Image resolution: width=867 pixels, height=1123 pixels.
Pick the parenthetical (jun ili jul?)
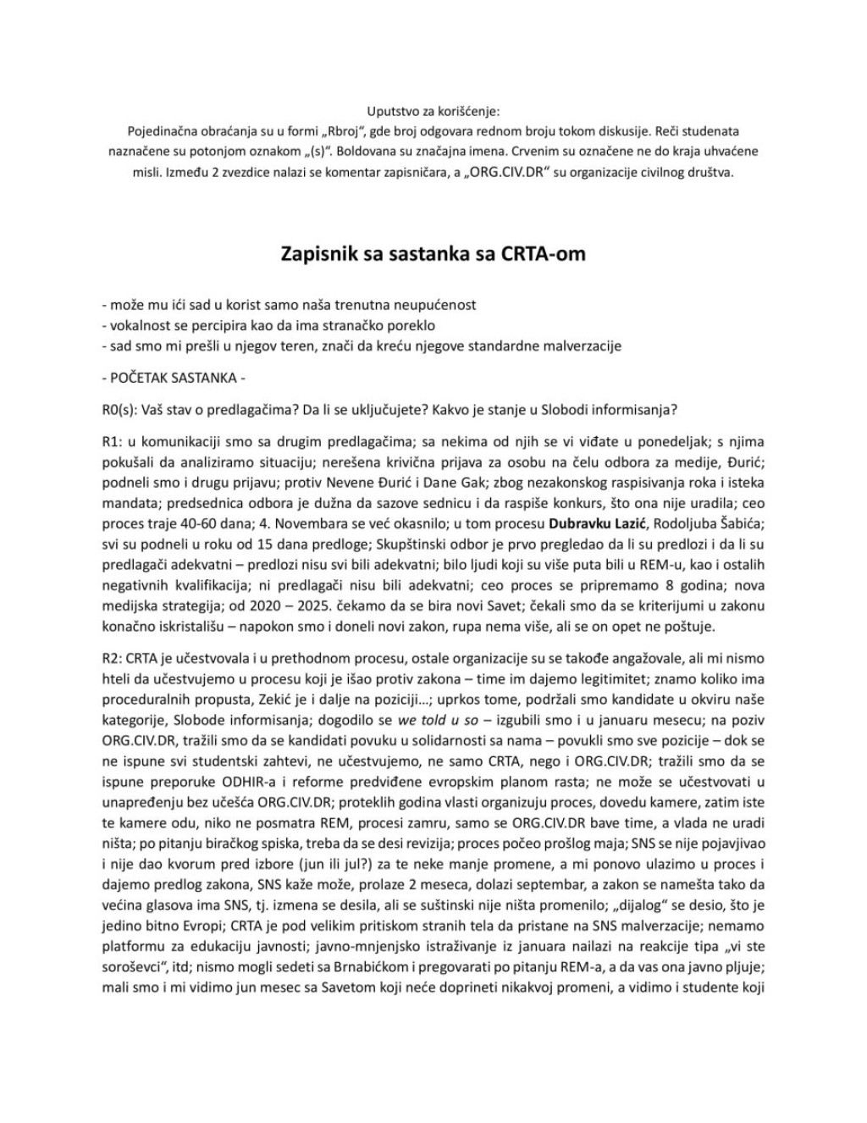coord(377,855)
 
